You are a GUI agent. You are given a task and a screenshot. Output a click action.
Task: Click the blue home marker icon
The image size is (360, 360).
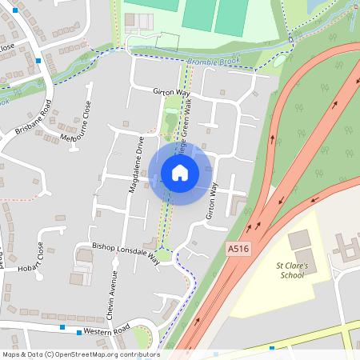click(180, 172)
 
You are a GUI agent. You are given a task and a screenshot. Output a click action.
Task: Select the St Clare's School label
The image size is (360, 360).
click(291, 270)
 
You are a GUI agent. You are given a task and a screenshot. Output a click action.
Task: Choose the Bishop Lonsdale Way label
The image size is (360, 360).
click(126, 253)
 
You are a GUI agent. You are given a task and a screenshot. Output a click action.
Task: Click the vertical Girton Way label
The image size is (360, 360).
click(212, 200)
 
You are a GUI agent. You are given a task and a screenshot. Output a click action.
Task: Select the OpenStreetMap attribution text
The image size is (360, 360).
click(80, 354)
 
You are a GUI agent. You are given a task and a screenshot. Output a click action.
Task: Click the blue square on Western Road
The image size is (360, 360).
click(78, 331)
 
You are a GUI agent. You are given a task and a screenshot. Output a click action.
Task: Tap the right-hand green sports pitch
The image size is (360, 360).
click(230, 16)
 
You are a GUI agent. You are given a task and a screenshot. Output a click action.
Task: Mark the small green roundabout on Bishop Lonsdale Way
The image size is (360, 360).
click(163, 255)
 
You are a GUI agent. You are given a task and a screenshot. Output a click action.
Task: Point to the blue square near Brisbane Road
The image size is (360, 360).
click(38, 61)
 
